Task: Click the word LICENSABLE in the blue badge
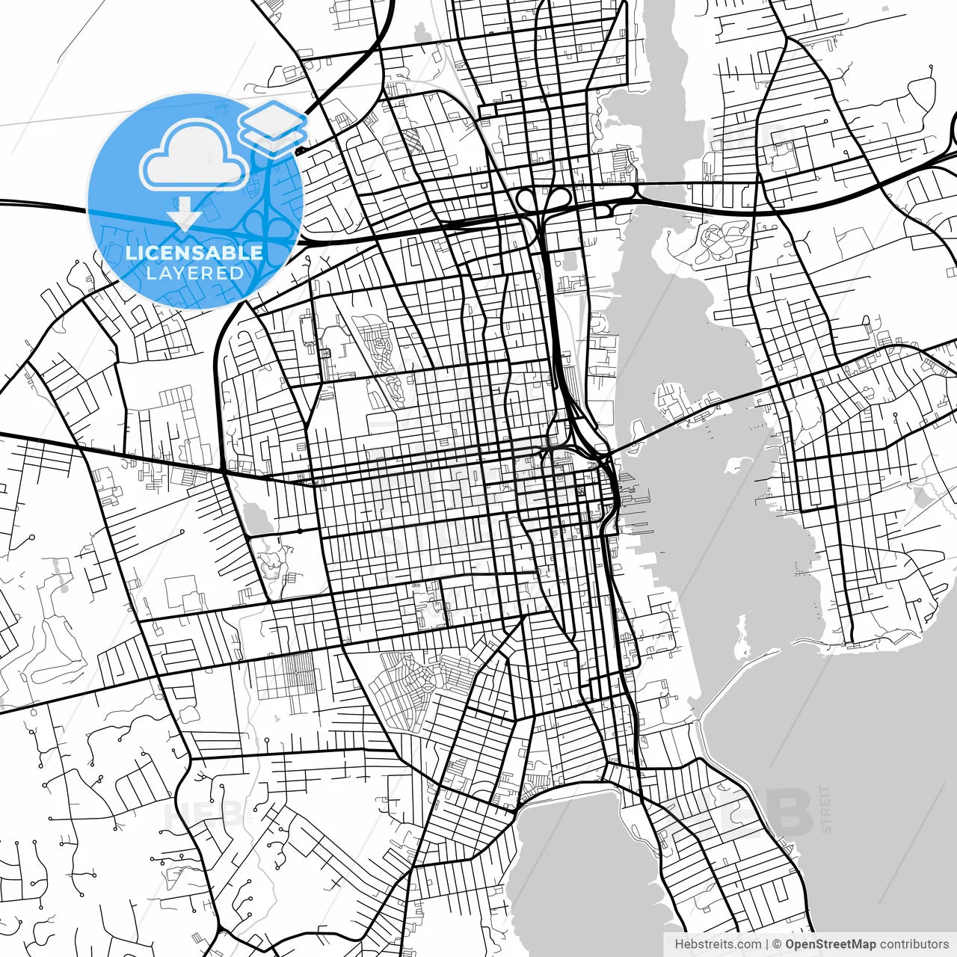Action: click(194, 253)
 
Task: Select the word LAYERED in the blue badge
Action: click(194, 273)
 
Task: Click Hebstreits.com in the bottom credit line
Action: click(717, 944)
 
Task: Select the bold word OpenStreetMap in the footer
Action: click(831, 944)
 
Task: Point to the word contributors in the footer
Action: click(914, 944)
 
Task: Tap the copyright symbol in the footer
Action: click(777, 944)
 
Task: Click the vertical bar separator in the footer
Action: click(767, 944)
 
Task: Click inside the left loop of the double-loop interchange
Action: click(528, 200)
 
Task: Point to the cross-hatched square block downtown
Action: click(581, 491)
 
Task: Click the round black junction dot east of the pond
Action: click(298, 531)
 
